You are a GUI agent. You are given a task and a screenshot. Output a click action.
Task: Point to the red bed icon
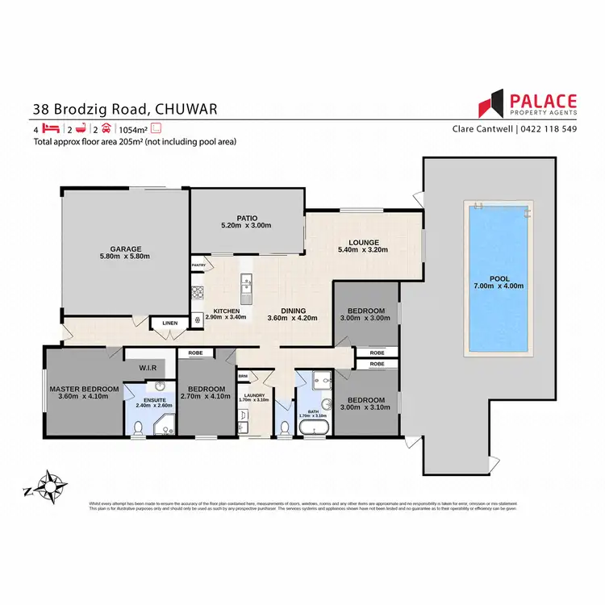(51, 128)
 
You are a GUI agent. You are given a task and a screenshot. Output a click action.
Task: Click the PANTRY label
(198, 265)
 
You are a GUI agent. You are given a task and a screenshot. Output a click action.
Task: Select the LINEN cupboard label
(169, 323)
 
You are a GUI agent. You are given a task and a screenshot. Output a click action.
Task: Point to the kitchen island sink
(246, 284)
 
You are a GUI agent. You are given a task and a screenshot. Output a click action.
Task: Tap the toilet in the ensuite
(139, 427)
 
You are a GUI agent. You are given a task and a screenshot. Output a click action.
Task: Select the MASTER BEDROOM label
(84, 390)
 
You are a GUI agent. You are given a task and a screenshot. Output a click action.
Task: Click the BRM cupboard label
(243, 376)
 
